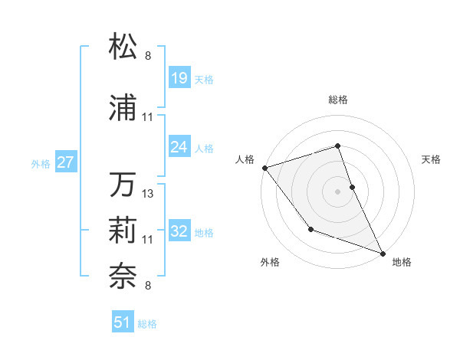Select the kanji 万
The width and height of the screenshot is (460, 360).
click(123, 185)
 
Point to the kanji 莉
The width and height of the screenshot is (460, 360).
click(123, 229)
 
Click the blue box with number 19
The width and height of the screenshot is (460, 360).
click(179, 78)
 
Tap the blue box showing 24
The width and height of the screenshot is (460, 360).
click(179, 146)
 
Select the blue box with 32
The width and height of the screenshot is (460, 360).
click(179, 231)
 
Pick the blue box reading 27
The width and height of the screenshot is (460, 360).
click(66, 162)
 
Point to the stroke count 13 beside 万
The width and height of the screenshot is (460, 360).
click(148, 194)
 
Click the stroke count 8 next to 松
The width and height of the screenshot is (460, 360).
click(148, 55)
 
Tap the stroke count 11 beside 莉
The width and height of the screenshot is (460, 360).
click(148, 240)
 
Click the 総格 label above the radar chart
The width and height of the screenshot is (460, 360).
click(337, 100)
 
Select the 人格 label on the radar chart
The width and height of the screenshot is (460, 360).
click(245, 159)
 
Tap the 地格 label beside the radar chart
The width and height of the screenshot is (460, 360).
click(402, 262)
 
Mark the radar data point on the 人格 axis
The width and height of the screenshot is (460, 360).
click(264, 168)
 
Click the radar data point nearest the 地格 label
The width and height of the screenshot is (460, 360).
click(382, 253)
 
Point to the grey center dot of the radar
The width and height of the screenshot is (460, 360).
click(337, 191)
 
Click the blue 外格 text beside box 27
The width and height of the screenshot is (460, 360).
click(41, 163)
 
